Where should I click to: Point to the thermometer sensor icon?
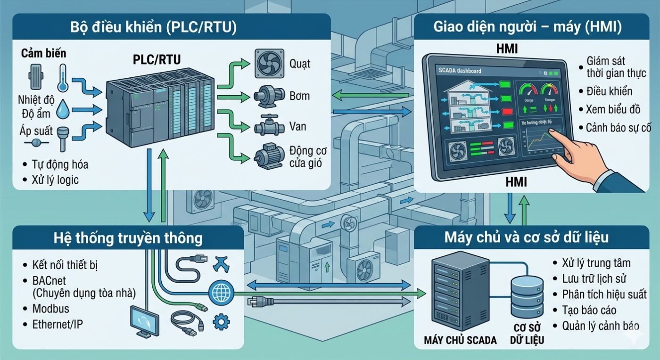[63, 78]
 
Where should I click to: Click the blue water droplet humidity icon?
[63, 110]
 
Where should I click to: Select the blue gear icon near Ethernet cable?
[220, 322]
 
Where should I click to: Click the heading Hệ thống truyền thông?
[128, 238]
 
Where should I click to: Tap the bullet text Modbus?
[50, 309]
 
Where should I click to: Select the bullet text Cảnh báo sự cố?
[618, 128]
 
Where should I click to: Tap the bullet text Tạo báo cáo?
[589, 310]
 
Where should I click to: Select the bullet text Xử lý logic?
[55, 180]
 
